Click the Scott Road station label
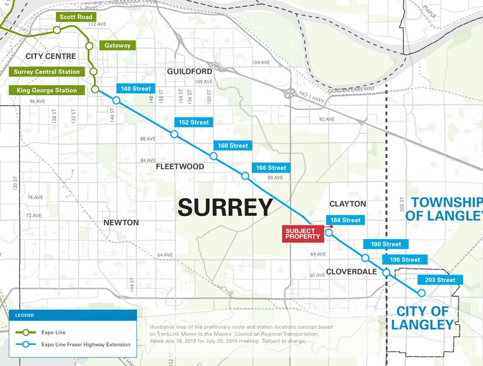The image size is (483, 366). [75, 17]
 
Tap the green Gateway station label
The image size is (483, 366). [117, 45]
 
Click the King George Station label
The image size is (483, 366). [47, 90]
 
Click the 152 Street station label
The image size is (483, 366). [194, 123]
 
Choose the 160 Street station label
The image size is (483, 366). [233, 146]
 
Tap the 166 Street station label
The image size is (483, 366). [271, 168]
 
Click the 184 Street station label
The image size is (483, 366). [345, 220]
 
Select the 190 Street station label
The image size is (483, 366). [386, 244]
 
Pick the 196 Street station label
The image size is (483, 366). [405, 260]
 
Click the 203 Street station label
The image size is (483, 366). [440, 280]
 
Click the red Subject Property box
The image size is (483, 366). [302, 233]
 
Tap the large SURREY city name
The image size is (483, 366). [225, 207]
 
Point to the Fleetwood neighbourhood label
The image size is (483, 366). [180, 167]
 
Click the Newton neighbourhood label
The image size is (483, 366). [121, 222]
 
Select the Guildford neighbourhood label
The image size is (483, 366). [189, 72]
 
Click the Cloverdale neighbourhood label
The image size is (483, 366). [352, 272]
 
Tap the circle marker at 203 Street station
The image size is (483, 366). [421, 293]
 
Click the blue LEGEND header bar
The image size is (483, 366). [73, 316]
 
